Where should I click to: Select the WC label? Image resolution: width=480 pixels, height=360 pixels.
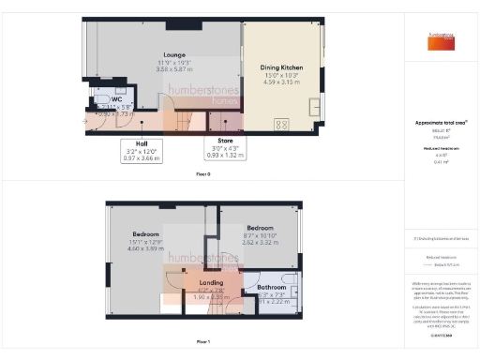coord(117,97)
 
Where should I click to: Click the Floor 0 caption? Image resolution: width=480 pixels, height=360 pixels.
coord(202,174)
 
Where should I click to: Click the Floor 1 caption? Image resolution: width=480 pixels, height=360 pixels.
coord(202,342)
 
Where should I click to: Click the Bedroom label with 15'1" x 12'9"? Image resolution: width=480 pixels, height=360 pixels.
coord(145,232)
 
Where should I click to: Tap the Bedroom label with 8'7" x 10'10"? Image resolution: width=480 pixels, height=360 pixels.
coord(260,228)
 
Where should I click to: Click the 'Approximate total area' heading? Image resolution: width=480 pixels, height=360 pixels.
coord(440,123)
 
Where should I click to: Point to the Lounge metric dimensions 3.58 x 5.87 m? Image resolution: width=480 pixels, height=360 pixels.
coord(172,69)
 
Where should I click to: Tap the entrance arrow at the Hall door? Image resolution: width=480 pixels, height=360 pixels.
coord(88,119)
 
